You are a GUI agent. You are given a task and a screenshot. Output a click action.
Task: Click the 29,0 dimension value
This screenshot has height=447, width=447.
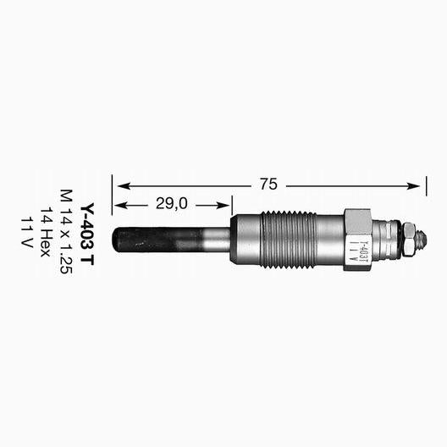(x=172, y=204)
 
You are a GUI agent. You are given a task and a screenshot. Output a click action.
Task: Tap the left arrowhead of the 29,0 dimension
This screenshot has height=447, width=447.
(x=119, y=205)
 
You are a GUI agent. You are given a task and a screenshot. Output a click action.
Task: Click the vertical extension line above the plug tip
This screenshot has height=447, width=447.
(x=113, y=199)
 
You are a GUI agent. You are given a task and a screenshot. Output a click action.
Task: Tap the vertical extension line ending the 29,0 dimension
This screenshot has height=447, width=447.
(x=231, y=208)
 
